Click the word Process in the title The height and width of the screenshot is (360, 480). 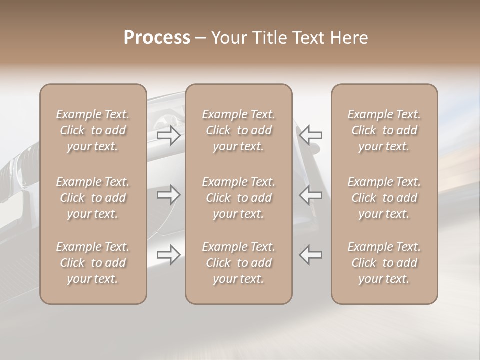pyautogui.click(x=157, y=38)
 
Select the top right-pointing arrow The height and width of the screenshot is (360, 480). pyautogui.click(x=168, y=135)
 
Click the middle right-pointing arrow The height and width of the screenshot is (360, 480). pyautogui.click(x=168, y=194)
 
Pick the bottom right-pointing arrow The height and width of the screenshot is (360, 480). pyautogui.click(x=168, y=254)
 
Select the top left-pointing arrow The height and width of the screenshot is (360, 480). pyautogui.click(x=311, y=135)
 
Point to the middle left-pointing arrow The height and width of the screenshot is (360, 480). pyautogui.click(x=311, y=194)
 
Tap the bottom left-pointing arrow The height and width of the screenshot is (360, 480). pyautogui.click(x=311, y=254)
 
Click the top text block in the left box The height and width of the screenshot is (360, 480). pyautogui.click(x=93, y=130)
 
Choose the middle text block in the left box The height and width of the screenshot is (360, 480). pyautogui.click(x=93, y=198)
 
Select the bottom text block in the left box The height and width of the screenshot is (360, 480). pyautogui.click(x=93, y=263)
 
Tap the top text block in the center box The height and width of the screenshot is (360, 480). pyautogui.click(x=239, y=130)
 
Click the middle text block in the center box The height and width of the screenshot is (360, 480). pyautogui.click(x=239, y=198)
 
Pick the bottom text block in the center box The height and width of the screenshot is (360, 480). pyautogui.click(x=239, y=263)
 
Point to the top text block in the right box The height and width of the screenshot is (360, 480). pyautogui.click(x=384, y=130)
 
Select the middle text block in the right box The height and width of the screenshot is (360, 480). pyautogui.click(x=384, y=198)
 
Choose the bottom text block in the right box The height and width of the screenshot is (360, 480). pyautogui.click(x=384, y=263)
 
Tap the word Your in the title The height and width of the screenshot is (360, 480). pyautogui.click(x=228, y=38)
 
